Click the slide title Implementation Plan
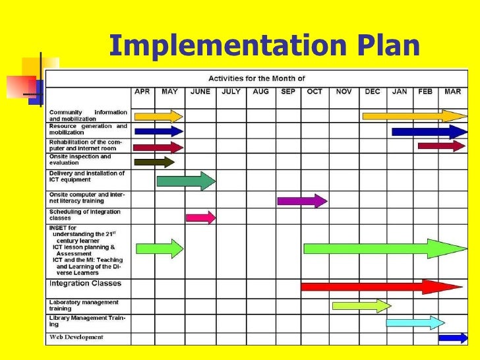pyautogui.click(x=264, y=47)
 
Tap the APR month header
pyautogui.click(x=142, y=92)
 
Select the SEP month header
pyautogui.click(x=288, y=92)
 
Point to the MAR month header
pyautogui.click(x=452, y=92)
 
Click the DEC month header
pyautogui.click(x=372, y=92)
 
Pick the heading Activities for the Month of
pyautogui.click(x=257, y=78)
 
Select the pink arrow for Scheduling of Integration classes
pyautogui.click(x=200, y=217)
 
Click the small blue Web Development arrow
pyautogui.click(x=453, y=338)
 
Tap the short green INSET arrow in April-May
pyautogui.click(x=160, y=249)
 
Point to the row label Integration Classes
pyautogui.click(x=85, y=284)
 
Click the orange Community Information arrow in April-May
pyautogui.click(x=158, y=116)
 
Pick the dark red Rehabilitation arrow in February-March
pyautogui.click(x=441, y=146)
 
